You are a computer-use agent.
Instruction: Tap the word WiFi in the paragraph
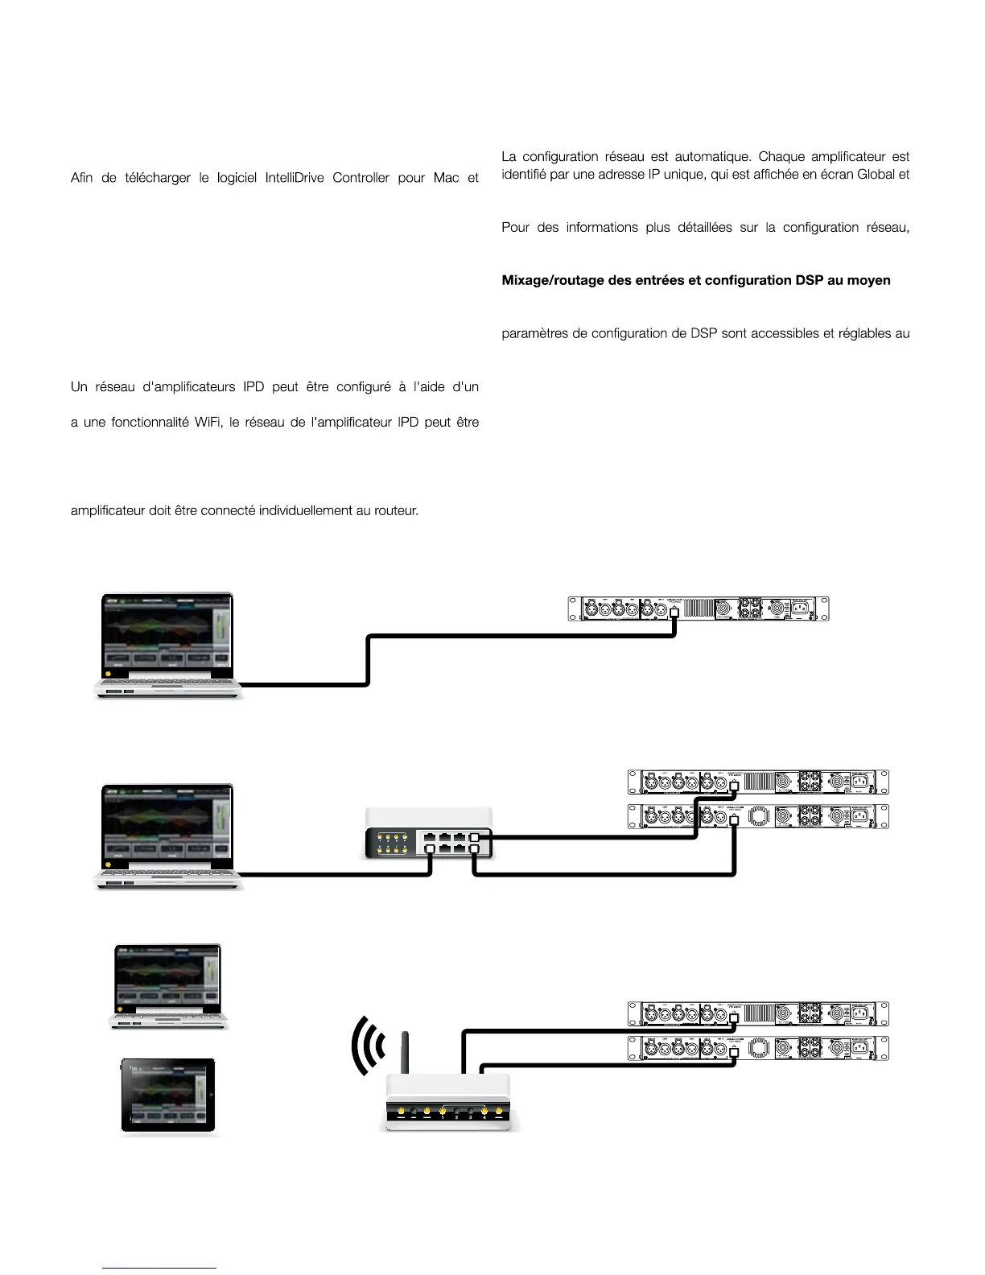click(x=208, y=423)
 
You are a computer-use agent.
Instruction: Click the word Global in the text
click(x=876, y=175)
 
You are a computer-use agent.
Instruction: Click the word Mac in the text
click(x=446, y=178)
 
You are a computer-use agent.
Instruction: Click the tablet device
click(x=168, y=1096)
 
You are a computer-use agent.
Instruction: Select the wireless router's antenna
click(x=406, y=1052)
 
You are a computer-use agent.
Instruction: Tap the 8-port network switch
click(x=428, y=833)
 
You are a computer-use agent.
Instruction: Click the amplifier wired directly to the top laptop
click(x=698, y=609)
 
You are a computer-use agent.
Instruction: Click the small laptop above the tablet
click(x=168, y=986)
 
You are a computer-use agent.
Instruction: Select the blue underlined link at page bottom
click(x=159, y=1268)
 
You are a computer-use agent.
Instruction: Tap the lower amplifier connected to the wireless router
click(x=758, y=1048)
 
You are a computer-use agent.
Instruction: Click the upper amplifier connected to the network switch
click(x=758, y=782)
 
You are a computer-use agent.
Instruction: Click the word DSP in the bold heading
click(x=811, y=281)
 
